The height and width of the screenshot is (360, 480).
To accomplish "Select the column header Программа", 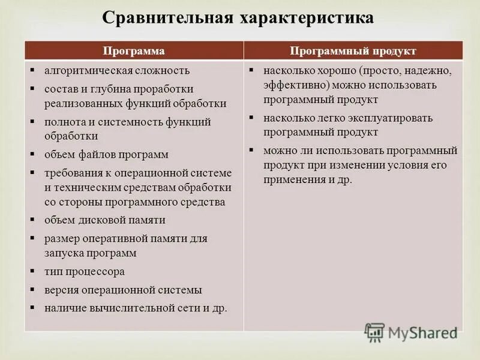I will (134, 50).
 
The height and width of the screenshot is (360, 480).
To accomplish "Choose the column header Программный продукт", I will (353, 50).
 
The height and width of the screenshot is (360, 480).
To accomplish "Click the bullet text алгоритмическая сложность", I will (117, 70).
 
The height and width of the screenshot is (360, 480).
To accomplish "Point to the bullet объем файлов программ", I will (106, 154).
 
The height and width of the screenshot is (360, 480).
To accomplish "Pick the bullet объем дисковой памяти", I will (105, 220).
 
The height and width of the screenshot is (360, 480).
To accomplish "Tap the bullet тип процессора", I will (85, 271).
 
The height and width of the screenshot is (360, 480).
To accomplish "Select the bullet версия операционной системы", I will (123, 290).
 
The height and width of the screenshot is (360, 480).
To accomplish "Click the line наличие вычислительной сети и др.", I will (136, 308).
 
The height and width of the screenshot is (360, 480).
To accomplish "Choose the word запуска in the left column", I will (64, 253).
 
